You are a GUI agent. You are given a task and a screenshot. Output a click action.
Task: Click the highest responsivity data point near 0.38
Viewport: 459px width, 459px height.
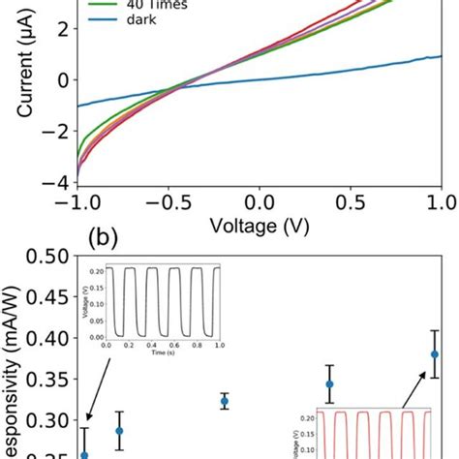[435, 353]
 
